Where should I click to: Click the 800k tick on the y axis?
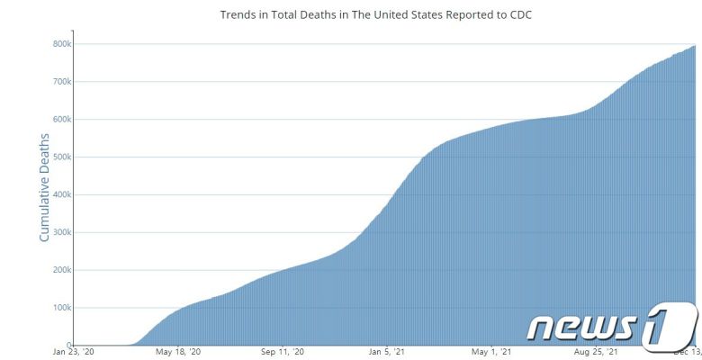(61, 43)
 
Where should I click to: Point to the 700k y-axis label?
(61, 81)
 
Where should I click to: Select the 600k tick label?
(61, 119)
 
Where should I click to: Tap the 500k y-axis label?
(61, 157)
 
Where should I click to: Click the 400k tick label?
(61, 194)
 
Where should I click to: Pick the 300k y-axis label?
(61, 232)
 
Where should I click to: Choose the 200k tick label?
(61, 270)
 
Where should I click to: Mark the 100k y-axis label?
(61, 308)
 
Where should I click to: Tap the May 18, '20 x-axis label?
(177, 352)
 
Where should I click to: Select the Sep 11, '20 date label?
(283, 352)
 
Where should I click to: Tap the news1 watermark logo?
(612, 325)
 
